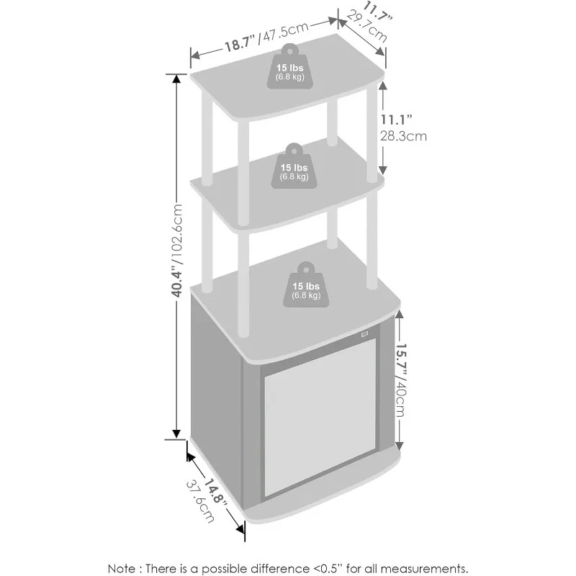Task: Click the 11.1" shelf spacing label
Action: (396, 120)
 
